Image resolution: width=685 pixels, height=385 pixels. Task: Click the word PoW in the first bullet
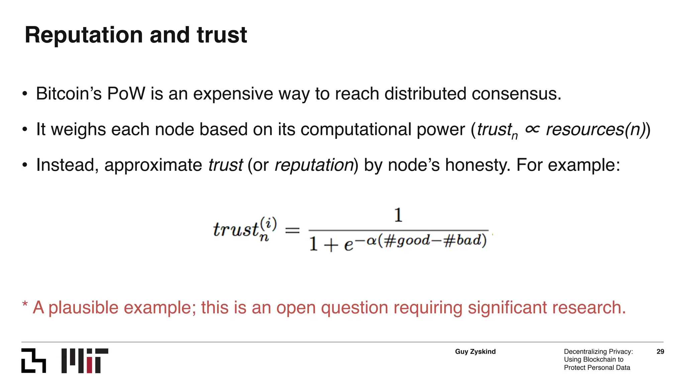click(x=126, y=94)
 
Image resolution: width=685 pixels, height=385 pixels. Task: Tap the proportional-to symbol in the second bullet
click(x=532, y=129)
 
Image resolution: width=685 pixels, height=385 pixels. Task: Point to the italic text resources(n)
click(x=595, y=130)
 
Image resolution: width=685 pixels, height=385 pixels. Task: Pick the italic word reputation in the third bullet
click(x=314, y=165)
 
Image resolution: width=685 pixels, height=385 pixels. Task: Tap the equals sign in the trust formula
click(x=292, y=230)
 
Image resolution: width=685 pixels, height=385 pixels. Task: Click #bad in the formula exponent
click(x=462, y=240)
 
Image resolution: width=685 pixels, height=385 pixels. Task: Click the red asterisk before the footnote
click(x=25, y=304)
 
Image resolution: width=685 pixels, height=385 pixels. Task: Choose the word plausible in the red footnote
click(x=83, y=307)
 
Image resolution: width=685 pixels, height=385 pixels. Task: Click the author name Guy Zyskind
click(x=475, y=352)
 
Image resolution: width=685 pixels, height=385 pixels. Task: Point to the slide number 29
click(x=660, y=352)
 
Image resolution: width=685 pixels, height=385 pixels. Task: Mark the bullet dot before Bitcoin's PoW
click(x=25, y=94)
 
